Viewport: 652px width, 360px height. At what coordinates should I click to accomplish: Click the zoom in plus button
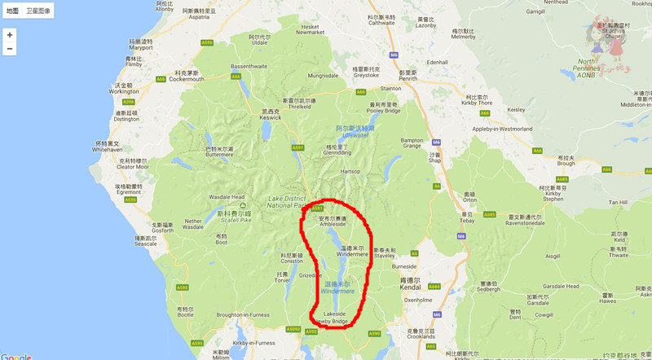click(10, 35)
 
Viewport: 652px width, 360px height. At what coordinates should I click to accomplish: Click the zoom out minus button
click(10, 49)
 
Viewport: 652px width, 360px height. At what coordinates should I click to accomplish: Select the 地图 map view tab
click(12, 11)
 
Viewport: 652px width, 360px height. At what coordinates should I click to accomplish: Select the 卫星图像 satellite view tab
click(37, 11)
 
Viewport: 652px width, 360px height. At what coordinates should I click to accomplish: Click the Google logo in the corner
click(15, 355)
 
